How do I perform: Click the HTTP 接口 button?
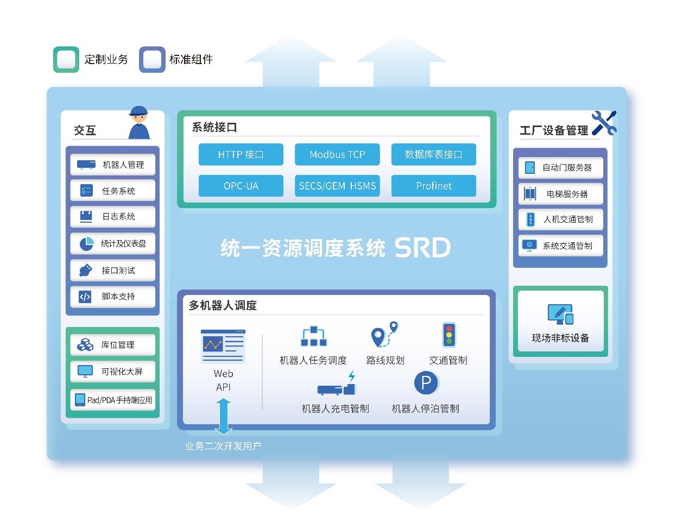(x=241, y=154)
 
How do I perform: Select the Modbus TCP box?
(x=337, y=154)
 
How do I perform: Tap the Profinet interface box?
(x=433, y=186)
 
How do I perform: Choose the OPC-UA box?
(x=241, y=186)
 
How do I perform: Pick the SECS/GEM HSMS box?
(x=337, y=186)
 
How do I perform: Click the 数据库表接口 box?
(x=433, y=154)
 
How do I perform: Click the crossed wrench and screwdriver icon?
(x=604, y=123)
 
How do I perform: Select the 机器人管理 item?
(x=112, y=165)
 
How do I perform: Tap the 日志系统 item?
(x=112, y=217)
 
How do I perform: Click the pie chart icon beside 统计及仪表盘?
(x=86, y=244)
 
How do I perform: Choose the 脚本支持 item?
(x=112, y=297)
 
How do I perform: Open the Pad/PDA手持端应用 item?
(x=112, y=400)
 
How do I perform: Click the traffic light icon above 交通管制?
(x=448, y=335)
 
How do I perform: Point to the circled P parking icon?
(x=426, y=383)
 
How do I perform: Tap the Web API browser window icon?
(x=223, y=346)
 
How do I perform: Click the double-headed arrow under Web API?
(x=223, y=416)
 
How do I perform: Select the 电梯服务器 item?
(x=560, y=194)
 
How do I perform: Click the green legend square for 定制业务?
(x=66, y=59)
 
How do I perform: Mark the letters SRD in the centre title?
(x=422, y=248)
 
